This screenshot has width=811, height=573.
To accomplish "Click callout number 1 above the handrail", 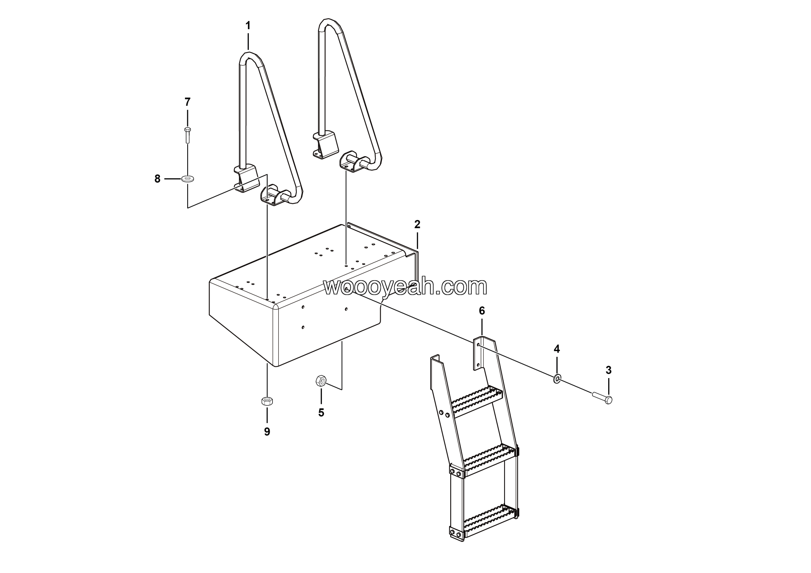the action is click(248, 26).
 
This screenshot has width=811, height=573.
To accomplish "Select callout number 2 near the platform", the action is click(417, 224).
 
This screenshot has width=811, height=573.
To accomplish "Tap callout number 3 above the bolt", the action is click(608, 370).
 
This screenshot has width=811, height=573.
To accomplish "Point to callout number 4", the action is click(557, 349).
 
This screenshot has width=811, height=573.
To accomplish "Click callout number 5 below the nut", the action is click(321, 413).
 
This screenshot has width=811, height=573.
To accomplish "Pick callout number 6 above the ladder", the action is click(482, 311).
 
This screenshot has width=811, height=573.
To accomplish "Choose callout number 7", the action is click(188, 102).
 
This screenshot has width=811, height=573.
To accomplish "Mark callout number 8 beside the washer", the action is click(157, 179).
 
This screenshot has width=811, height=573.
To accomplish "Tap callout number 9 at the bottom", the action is click(267, 432).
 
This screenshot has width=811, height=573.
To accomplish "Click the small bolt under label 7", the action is click(188, 135).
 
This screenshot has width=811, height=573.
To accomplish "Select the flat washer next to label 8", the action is click(187, 179).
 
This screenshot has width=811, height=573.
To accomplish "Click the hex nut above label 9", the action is click(267, 401).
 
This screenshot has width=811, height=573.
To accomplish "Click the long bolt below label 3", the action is click(602, 397).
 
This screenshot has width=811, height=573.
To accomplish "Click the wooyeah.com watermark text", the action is click(405, 286).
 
